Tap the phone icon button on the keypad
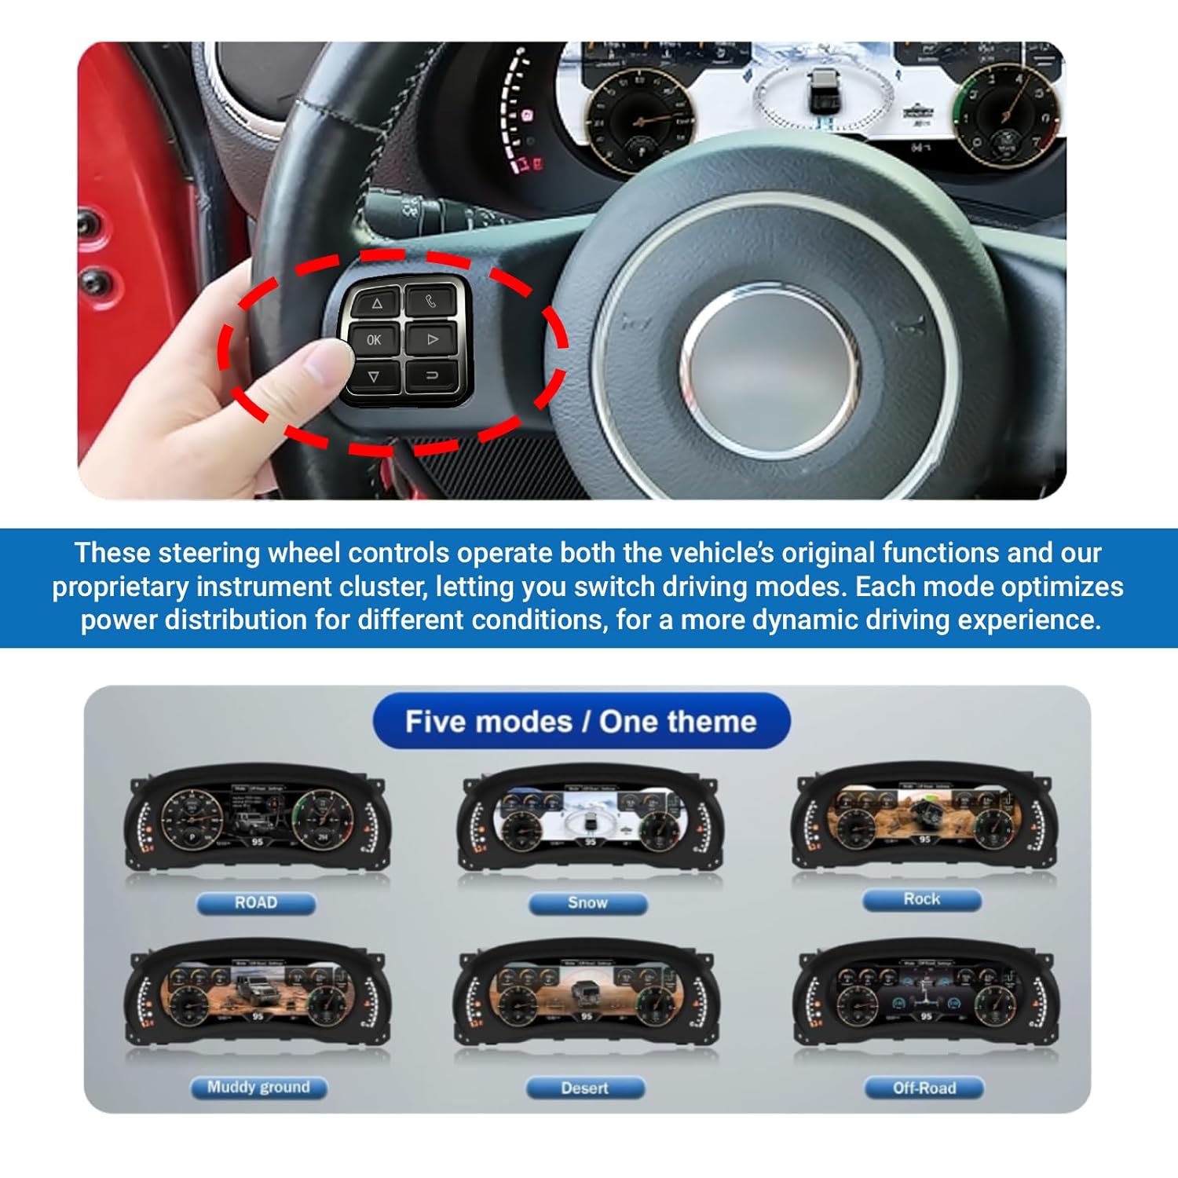[430, 301]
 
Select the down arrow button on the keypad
[374, 377]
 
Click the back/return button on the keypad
[431, 375]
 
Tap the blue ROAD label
[256, 903]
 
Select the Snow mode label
[587, 903]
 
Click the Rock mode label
[922, 899]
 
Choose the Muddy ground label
[258, 1088]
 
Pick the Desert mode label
[585, 1088]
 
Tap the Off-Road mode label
[924, 1088]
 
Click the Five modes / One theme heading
[581, 722]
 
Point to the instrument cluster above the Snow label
[590, 821]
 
